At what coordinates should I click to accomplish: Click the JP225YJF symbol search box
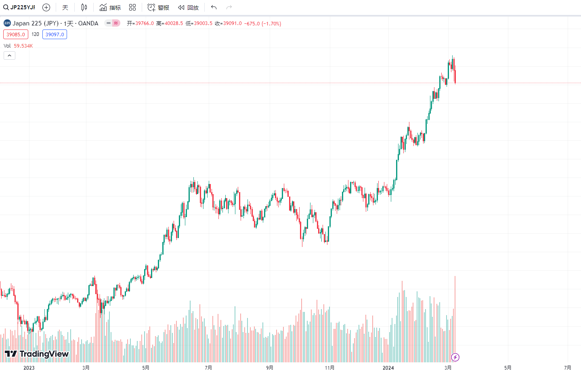[19, 7]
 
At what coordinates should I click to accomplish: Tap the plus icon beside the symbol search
[46, 7]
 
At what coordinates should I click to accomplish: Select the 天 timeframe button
[65, 7]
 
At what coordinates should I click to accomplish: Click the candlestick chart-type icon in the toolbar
[84, 7]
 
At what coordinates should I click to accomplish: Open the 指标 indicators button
[110, 7]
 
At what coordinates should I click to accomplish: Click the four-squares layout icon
[132, 7]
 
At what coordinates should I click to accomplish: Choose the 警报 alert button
[158, 7]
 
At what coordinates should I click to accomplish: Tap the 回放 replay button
[189, 7]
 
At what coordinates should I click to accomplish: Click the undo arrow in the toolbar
[214, 7]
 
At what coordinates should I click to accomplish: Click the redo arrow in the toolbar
[229, 7]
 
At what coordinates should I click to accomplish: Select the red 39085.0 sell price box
[16, 34]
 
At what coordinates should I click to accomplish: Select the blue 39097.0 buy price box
[55, 34]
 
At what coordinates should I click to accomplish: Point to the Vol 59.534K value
[23, 46]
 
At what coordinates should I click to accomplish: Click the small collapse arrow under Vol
[9, 55]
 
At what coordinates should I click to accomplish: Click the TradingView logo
[37, 354]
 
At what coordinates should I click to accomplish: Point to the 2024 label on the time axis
[388, 368]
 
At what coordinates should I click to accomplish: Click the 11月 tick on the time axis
[329, 368]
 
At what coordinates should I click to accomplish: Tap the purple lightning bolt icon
[455, 357]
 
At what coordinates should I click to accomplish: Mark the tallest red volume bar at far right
[455, 315]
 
